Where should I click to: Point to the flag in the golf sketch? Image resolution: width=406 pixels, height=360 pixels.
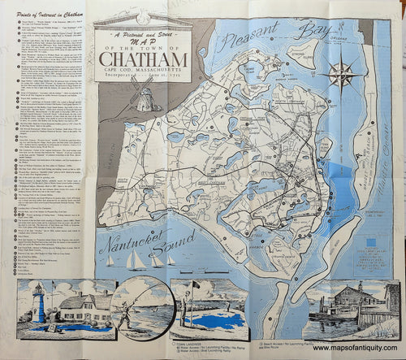click(196, 286)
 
